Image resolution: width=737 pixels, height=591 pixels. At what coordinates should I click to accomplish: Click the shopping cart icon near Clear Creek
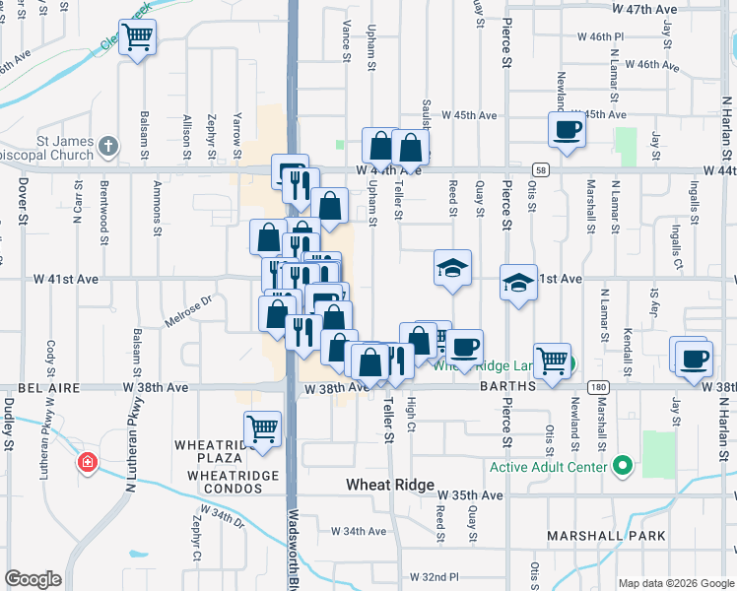point(137,37)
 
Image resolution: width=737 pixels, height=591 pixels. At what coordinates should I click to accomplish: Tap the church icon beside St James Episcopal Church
point(108,148)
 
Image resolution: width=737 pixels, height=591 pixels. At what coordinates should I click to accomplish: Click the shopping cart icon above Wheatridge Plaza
point(262,428)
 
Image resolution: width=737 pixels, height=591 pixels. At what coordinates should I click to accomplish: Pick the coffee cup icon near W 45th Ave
point(567,129)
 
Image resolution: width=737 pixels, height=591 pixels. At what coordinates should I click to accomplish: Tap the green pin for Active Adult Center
point(621,464)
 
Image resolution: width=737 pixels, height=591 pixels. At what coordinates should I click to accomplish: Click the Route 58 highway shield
point(541,169)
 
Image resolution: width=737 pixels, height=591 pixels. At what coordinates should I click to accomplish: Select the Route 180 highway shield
point(598,387)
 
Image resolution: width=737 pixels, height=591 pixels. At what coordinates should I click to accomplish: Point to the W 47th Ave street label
point(645,8)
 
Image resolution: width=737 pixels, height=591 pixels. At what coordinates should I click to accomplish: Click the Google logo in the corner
point(33,579)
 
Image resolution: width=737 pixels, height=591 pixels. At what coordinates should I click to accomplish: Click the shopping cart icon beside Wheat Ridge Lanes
point(552,361)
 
